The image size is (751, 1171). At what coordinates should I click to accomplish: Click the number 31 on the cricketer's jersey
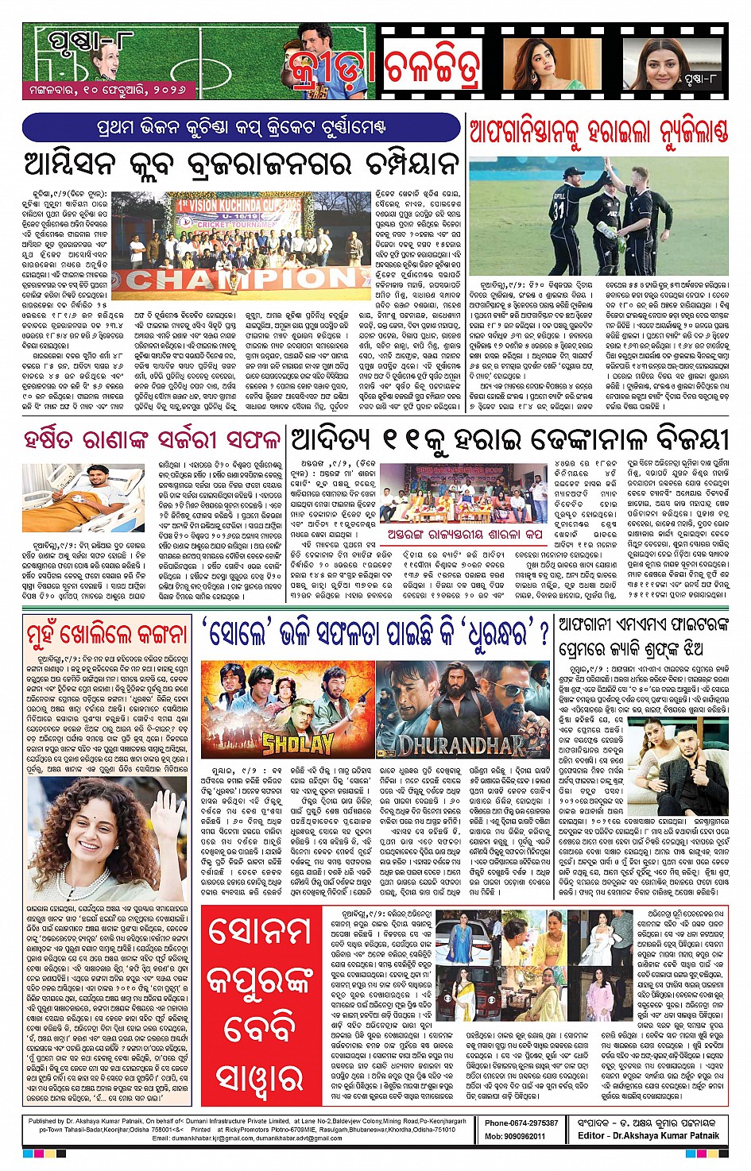559,210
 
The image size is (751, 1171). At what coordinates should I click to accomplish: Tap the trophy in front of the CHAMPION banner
235,281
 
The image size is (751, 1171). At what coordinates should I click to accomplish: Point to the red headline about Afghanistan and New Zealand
598,131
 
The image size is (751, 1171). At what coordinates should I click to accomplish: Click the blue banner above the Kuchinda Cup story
242,127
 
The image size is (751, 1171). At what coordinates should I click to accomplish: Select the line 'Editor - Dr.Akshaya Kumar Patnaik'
648,1136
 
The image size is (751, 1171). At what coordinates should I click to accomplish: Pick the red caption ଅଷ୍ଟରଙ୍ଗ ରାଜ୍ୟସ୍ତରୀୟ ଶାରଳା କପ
465,535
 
